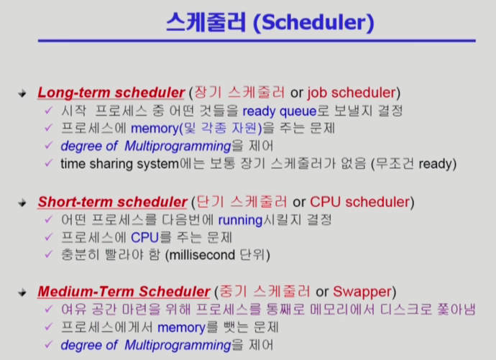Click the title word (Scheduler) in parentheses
[313, 22]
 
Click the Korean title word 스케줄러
[206, 22]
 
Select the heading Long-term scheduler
[111, 93]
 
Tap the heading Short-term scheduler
[112, 202]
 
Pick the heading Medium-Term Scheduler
[124, 292]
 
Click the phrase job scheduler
[352, 93]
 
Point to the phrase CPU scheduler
[359, 202]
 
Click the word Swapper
[362, 292]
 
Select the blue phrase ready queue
[280, 111]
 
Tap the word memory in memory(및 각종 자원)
[155, 129]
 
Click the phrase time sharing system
[120, 164]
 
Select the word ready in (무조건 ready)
[436, 164]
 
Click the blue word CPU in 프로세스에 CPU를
[145, 238]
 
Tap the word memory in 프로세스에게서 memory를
[182, 328]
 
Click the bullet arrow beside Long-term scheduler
[22, 93]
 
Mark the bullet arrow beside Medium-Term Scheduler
[22, 292]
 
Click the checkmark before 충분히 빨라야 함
[48, 254]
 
